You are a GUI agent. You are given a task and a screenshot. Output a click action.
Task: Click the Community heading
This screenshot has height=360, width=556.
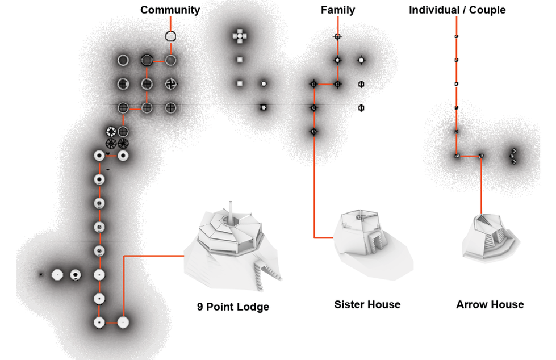[170, 10]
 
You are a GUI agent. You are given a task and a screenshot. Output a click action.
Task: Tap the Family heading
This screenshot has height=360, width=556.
[337, 10]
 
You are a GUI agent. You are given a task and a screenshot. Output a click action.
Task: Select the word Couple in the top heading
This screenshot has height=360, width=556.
[487, 10]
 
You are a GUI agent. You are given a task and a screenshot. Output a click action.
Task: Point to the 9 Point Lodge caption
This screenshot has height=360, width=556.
[233, 307]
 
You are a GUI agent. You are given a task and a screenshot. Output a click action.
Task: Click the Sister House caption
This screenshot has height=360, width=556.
[367, 304]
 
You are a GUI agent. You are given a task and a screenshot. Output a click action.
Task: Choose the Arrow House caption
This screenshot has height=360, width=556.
[490, 304]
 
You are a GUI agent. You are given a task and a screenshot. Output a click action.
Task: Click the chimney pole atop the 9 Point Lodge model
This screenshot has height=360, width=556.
[231, 212]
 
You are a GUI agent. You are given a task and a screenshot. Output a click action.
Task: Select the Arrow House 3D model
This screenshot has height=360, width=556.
[490, 238]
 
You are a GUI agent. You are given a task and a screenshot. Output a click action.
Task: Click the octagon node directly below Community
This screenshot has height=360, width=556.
[170, 36]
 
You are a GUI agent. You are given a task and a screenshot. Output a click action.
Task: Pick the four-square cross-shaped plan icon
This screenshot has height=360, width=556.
[240, 36]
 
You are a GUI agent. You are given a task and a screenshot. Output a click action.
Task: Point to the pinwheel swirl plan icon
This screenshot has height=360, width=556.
[170, 84]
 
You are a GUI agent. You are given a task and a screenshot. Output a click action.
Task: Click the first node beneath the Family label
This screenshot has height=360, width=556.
[337, 36]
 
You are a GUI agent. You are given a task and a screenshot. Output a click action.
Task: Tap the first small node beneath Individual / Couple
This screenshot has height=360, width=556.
[457, 36]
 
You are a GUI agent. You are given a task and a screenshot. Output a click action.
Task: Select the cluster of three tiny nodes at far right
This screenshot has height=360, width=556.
[513, 156]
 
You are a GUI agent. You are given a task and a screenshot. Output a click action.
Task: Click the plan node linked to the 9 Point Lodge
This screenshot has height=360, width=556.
[123, 323]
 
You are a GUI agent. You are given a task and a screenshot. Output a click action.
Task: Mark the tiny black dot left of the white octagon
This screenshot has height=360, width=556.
[41, 274]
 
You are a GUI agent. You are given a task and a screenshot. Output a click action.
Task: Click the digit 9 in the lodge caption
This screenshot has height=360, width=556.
[200, 307]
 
